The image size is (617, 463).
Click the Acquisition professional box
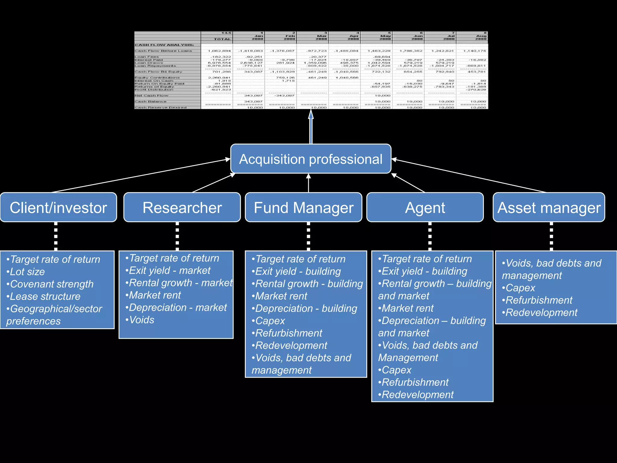(x=311, y=159)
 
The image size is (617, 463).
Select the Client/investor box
(x=58, y=208)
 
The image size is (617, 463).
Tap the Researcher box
(x=182, y=208)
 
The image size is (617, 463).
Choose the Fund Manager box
(x=303, y=208)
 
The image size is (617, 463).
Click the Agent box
(x=425, y=208)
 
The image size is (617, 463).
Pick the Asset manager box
(x=549, y=208)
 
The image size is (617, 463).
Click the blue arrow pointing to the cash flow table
(x=311, y=127)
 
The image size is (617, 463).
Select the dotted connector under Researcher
(x=177, y=236)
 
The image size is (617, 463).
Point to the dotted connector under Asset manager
(x=551, y=236)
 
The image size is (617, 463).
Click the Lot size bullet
(x=27, y=272)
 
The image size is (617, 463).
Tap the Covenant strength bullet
(x=51, y=284)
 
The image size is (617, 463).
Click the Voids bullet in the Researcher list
(x=141, y=320)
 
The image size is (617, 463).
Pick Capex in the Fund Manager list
(x=270, y=321)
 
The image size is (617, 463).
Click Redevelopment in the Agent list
(x=417, y=395)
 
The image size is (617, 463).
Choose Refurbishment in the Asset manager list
(x=539, y=300)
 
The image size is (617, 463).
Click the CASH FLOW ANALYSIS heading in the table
(x=164, y=45)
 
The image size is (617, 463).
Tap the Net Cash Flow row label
(x=152, y=96)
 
